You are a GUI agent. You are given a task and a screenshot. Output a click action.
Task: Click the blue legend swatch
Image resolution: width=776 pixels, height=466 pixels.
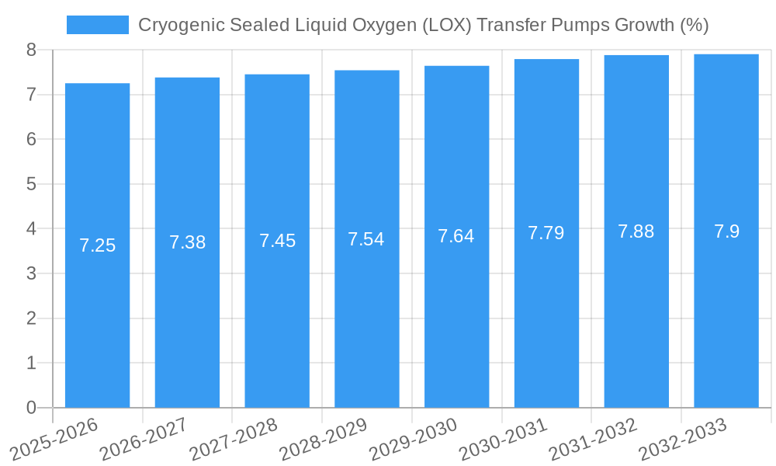(x=97, y=25)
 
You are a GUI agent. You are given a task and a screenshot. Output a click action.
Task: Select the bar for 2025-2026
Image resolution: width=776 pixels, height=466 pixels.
(x=97, y=311)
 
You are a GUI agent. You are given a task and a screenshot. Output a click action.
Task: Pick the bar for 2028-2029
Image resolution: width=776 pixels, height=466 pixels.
(x=366, y=311)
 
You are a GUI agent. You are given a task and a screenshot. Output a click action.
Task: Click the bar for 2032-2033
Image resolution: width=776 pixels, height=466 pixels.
(x=726, y=311)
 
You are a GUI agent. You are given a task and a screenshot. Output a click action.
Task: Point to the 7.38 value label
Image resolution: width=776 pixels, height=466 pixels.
(x=187, y=242)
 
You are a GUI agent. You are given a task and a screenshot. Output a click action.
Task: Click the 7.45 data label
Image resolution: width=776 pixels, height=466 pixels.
(x=277, y=241)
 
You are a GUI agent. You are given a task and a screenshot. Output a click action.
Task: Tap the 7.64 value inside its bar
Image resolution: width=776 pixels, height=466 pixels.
(x=456, y=236)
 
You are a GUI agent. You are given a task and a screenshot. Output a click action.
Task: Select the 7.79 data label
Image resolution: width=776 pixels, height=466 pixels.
(x=546, y=233)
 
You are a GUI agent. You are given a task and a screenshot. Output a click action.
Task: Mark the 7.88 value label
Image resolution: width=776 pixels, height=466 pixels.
(x=636, y=231)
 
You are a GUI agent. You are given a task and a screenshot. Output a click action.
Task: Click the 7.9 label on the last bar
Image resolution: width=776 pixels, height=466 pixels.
(x=726, y=231)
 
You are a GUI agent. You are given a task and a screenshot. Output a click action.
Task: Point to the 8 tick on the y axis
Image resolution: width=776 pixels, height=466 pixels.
(x=31, y=50)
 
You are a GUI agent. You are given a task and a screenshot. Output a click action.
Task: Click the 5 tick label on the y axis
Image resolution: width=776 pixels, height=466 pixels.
(x=31, y=184)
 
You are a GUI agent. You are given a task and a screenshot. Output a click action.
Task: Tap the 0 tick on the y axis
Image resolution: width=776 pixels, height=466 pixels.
(x=31, y=408)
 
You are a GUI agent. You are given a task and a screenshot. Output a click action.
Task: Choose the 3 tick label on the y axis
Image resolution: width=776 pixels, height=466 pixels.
(x=31, y=273)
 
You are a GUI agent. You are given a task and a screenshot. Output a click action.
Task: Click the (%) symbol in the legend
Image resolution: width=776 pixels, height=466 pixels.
(x=694, y=25)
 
